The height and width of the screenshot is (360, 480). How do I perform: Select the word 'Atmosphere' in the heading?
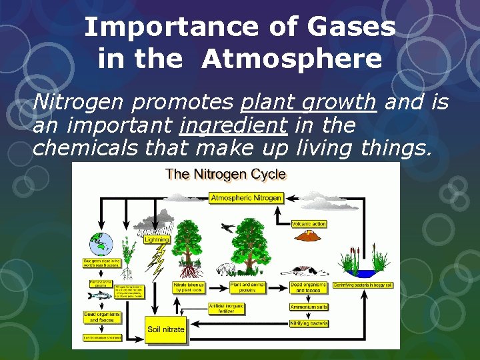[292, 59]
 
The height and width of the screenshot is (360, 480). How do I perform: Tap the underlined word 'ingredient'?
[233, 125]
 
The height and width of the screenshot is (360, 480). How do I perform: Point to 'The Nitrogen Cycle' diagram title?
[225, 175]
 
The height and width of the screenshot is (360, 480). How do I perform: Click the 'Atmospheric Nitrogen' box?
[246, 198]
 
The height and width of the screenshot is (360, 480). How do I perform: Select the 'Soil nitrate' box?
[165, 329]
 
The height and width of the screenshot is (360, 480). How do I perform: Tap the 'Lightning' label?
[157, 239]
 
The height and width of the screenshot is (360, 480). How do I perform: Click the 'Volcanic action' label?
[309, 224]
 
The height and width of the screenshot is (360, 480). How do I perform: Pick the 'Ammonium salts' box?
[309, 307]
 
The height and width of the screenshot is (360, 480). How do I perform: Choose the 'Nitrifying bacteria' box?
[309, 323]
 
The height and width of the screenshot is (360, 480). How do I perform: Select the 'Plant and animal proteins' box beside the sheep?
[247, 287]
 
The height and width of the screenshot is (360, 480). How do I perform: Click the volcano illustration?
[308, 237]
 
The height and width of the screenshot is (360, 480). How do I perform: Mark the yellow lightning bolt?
[159, 261]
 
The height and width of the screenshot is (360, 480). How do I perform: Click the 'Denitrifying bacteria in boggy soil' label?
[364, 285]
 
